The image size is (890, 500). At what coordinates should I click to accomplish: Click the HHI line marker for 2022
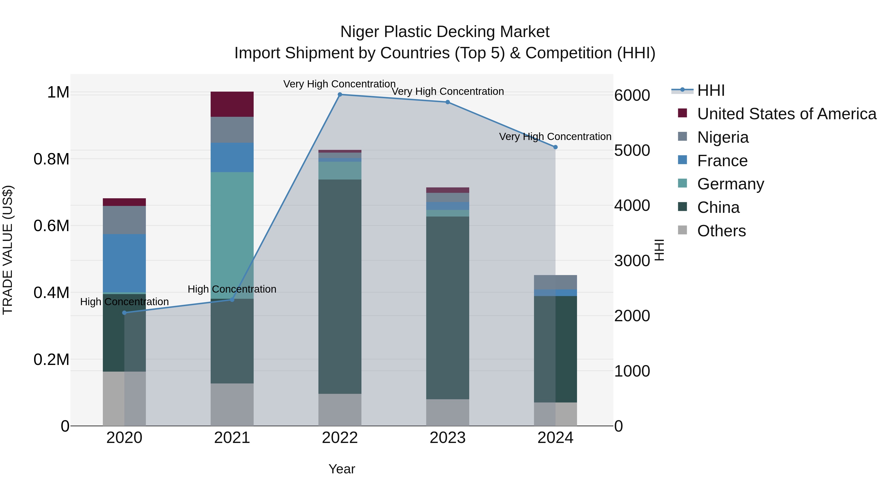pyautogui.click(x=340, y=95)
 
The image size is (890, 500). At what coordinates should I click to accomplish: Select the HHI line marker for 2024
pyautogui.click(x=555, y=147)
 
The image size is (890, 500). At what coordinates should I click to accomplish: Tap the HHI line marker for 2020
pyautogui.click(x=124, y=313)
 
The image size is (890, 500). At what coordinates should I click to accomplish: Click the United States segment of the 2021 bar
pyautogui.click(x=232, y=104)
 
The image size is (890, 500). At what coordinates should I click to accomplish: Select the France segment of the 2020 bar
pyautogui.click(x=124, y=263)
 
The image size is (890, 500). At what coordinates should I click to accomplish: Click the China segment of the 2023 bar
pyautogui.click(x=447, y=307)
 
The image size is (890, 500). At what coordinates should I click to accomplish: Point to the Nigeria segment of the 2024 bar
pyautogui.click(x=555, y=282)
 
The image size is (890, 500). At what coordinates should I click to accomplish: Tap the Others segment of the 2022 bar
pyautogui.click(x=340, y=410)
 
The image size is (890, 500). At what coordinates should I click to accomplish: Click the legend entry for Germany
pyautogui.click(x=730, y=184)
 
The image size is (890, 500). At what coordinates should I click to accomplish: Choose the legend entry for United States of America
pyautogui.click(x=786, y=114)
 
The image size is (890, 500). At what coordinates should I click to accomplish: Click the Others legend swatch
pyautogui.click(x=682, y=230)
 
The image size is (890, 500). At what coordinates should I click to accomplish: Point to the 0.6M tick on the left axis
pyautogui.click(x=51, y=226)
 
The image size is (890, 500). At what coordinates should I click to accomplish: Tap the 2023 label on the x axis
pyautogui.click(x=447, y=438)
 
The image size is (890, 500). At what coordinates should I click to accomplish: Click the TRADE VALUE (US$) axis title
pyautogui.click(x=8, y=250)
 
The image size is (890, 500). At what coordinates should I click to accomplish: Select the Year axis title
pyautogui.click(x=342, y=469)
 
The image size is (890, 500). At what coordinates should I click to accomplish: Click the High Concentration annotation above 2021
pyautogui.click(x=232, y=289)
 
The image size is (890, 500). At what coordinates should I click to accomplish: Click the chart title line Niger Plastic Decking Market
pyautogui.click(x=445, y=32)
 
